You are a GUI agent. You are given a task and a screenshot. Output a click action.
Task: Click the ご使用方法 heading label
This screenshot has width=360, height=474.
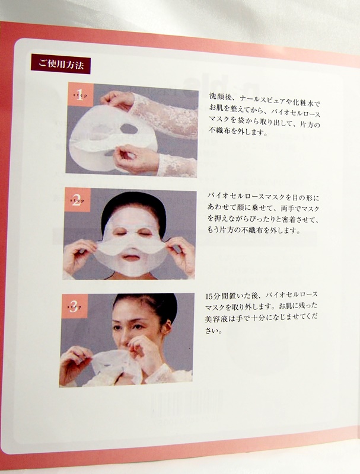(60, 64)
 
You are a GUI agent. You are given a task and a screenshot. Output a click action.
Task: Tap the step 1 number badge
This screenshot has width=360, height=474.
(80, 95)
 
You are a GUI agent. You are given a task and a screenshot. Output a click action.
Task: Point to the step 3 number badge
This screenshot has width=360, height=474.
(74, 306)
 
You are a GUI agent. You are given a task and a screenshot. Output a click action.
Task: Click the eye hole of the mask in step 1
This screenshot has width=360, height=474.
(129, 129)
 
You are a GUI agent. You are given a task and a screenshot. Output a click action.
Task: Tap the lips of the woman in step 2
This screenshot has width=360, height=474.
(130, 258)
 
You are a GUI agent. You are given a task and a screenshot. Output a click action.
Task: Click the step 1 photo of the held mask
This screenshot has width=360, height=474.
(132, 130)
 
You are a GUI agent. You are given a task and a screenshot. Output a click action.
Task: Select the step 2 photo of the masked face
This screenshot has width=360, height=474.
(130, 233)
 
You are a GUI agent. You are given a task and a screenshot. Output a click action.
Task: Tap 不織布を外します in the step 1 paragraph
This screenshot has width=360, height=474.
(238, 132)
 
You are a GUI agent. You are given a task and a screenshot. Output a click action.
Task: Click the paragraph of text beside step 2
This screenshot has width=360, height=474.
(263, 214)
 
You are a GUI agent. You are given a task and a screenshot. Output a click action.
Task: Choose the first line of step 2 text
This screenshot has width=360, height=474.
(263, 197)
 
